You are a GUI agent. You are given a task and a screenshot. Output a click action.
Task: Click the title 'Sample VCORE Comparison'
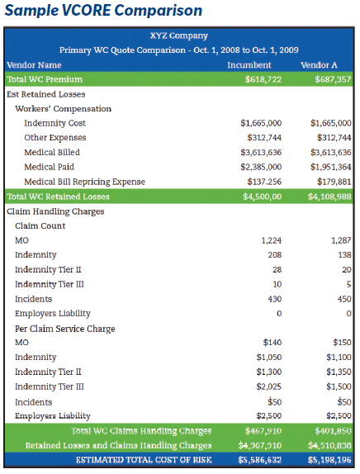(103, 11)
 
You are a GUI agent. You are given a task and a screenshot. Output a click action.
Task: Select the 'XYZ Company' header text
(179, 36)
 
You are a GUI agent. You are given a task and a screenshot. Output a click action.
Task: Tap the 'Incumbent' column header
(249, 65)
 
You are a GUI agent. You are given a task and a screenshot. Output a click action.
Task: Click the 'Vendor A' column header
(319, 65)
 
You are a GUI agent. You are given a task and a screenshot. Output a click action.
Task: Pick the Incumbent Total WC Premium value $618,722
(263, 79)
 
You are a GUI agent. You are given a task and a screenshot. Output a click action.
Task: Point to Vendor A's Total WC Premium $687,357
(333, 79)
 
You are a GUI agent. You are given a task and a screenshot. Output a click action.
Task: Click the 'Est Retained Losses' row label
(46, 94)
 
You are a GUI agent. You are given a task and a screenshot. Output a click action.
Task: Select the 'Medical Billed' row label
(52, 152)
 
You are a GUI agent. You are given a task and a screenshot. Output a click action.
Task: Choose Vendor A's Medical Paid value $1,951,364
(330, 167)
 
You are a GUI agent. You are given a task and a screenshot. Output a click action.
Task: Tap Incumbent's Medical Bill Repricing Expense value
(264, 182)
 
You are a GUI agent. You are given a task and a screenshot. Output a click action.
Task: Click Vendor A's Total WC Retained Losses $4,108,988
(329, 197)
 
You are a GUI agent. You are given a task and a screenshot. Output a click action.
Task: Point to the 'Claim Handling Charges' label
(55, 211)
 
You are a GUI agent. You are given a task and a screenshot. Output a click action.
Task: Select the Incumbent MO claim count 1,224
(271, 240)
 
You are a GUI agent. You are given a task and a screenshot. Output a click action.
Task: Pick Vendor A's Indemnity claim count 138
(344, 255)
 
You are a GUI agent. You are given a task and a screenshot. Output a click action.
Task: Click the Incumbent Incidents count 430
(274, 299)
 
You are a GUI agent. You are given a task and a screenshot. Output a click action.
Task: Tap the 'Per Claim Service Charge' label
(65, 329)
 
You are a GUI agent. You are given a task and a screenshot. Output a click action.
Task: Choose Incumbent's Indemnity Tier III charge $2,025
(268, 386)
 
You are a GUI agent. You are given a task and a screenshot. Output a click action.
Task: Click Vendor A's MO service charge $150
(342, 343)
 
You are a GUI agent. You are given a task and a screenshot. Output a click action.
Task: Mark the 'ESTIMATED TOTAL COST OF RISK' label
(144, 460)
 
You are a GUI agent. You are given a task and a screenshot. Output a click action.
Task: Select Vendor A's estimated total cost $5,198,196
(329, 460)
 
